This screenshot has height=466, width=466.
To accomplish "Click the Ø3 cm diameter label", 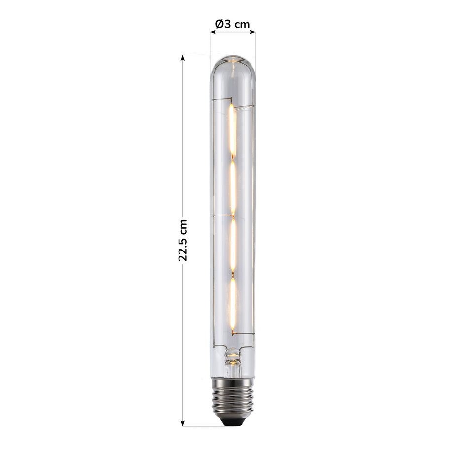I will pyautogui.click(x=232, y=24).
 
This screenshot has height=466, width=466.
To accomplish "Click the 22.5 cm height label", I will pyautogui.click(x=183, y=240).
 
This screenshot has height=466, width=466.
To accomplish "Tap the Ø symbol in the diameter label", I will pyautogui.click(x=218, y=24).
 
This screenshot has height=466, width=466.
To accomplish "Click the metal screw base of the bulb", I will pyautogui.click(x=233, y=397).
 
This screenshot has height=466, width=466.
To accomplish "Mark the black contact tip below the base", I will pyautogui.click(x=233, y=421).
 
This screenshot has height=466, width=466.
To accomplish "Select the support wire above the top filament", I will pyautogui.click(x=242, y=106).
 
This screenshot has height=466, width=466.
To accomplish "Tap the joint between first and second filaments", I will pyautogui.click(x=232, y=159).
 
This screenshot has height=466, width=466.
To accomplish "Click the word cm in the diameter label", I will pyautogui.click(x=242, y=24).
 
